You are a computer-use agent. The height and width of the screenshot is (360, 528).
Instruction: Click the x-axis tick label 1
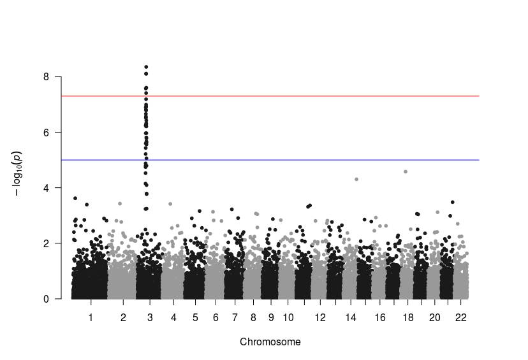click(x=91, y=317)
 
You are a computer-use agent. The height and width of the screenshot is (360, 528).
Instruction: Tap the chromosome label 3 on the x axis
click(x=149, y=317)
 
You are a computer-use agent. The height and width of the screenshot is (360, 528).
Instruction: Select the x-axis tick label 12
click(x=320, y=317)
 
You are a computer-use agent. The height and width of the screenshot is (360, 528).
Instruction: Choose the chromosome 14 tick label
click(x=350, y=317)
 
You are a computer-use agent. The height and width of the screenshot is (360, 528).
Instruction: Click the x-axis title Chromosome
click(x=270, y=342)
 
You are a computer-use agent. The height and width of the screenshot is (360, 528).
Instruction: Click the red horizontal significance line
click(x=319, y=96)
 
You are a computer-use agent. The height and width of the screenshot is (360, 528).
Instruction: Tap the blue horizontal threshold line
click(x=319, y=160)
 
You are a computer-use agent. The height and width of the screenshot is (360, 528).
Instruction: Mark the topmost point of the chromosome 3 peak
click(x=146, y=67)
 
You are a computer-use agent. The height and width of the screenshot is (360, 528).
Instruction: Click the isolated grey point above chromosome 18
click(x=406, y=171)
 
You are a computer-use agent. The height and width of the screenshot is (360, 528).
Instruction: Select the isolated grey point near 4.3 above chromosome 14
click(x=356, y=179)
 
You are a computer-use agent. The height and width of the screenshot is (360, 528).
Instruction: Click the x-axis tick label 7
click(x=235, y=317)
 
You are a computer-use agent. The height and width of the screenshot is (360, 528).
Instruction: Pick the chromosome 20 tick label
click(x=434, y=317)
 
